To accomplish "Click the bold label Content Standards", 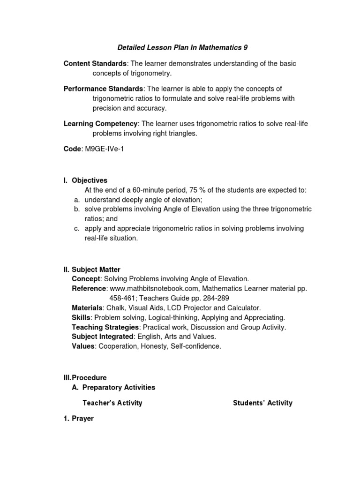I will [x=95, y=63].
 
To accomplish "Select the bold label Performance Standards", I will [x=104, y=89].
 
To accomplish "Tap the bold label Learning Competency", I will [x=101, y=123].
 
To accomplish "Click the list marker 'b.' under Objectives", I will [x=77, y=209].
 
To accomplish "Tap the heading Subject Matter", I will [x=96, y=270].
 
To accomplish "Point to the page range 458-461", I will [x=122, y=298].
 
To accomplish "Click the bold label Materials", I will [x=87, y=308].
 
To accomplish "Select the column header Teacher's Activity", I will [x=112, y=403].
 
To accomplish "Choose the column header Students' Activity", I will [x=262, y=403].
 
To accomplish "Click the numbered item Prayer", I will [x=83, y=419].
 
